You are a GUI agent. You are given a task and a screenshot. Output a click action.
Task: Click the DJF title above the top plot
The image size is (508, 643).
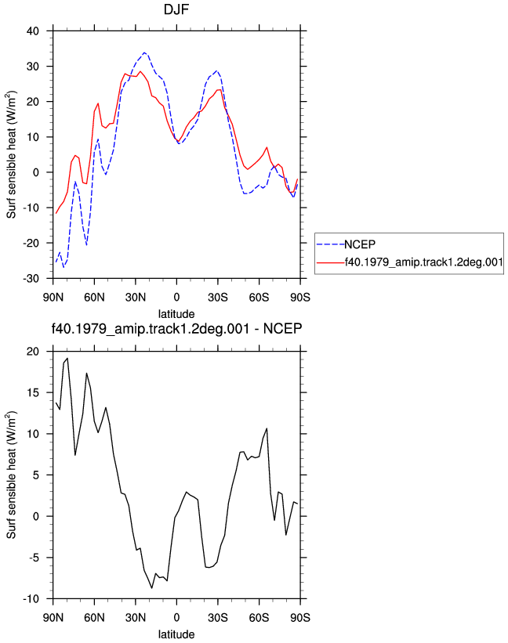tap(176, 9)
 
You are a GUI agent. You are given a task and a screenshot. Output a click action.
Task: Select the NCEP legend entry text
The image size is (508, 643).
tap(360, 244)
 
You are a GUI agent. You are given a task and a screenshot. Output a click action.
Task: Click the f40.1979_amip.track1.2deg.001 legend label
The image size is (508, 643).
tap(424, 262)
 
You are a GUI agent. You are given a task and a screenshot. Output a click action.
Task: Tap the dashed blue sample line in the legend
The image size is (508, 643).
tap(330, 244)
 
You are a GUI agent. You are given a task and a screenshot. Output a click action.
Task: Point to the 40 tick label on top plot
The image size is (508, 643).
tap(33, 31)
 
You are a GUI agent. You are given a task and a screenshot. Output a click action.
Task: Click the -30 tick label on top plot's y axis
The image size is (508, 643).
tap(31, 279)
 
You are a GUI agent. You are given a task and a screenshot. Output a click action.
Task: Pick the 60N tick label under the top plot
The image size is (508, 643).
tap(94, 298)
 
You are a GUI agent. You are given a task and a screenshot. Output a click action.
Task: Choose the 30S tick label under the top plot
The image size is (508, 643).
tap(218, 298)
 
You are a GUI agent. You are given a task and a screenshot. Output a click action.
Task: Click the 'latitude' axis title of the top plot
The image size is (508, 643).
tap(176, 314)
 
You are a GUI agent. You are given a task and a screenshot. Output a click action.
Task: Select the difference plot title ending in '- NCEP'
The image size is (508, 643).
tap(176, 328)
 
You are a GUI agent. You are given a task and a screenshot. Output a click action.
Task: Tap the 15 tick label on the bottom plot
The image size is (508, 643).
tap(33, 393)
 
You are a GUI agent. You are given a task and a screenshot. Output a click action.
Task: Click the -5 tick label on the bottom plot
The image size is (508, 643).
tap(34, 558)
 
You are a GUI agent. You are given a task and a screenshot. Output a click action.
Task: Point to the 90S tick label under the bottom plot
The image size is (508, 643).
tap(300, 618)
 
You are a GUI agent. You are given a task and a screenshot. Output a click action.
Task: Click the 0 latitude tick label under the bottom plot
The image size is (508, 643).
tap(176, 618)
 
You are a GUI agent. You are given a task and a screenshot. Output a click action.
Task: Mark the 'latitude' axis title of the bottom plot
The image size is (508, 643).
tap(176, 634)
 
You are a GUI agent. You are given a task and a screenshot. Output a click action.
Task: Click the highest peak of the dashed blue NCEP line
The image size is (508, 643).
tap(144, 52)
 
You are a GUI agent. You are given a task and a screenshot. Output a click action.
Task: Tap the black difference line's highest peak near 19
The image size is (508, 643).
tap(67, 359)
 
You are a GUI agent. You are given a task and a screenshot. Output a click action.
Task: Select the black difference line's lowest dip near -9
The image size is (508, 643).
tap(151, 588)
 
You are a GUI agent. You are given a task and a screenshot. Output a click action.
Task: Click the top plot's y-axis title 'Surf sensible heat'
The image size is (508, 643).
tap(12, 154)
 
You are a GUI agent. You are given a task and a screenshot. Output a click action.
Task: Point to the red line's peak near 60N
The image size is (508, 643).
tap(98, 103)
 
